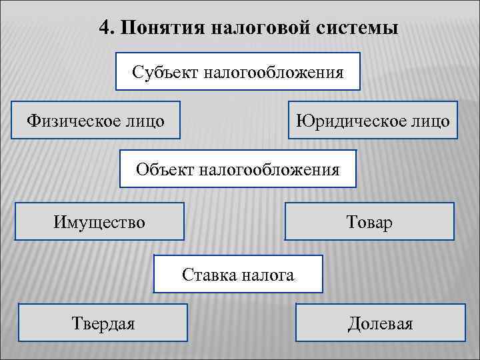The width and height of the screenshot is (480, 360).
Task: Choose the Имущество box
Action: click(x=99, y=221)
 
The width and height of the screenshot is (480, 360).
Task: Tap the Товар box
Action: click(x=369, y=221)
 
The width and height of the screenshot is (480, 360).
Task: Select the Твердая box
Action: click(x=103, y=323)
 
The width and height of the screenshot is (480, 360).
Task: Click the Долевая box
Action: click(x=380, y=323)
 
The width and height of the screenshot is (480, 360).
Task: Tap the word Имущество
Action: click(x=99, y=221)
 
